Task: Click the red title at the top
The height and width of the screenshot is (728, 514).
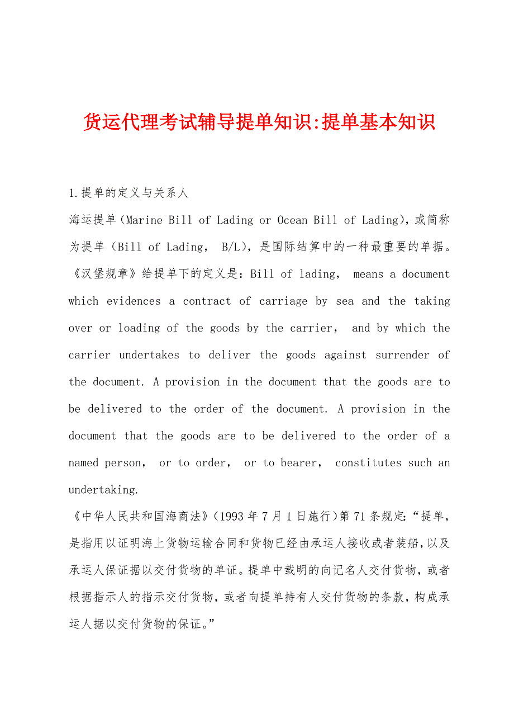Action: coord(259,122)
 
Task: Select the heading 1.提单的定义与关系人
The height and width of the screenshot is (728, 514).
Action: coord(128,193)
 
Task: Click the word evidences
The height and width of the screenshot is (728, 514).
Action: coord(134,301)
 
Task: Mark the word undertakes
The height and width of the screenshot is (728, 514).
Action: coord(149,355)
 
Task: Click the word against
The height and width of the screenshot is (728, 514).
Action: coord(345,355)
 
